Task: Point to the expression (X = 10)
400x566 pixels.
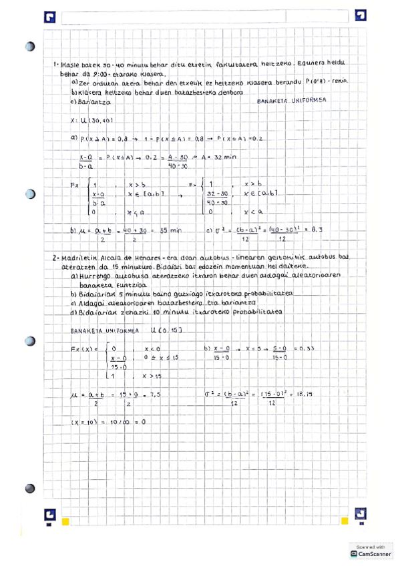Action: coord(85,422)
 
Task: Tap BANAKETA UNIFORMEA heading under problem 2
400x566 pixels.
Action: coord(104,330)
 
